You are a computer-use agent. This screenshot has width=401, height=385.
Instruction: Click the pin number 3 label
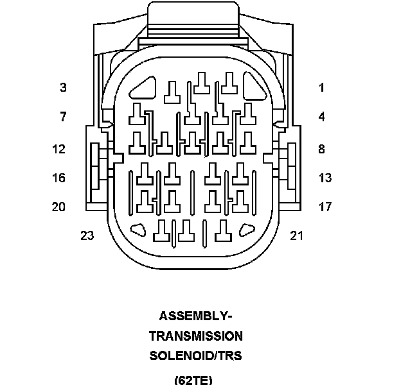tap(63, 87)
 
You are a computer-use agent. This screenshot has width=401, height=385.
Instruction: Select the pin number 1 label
tap(321, 87)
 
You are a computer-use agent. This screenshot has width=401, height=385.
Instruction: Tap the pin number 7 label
tap(63, 117)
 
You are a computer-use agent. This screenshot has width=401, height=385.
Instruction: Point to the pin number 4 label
tap(321, 117)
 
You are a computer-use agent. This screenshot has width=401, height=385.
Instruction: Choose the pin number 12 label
tap(59, 150)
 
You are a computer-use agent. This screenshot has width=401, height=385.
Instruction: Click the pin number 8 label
tap(321, 150)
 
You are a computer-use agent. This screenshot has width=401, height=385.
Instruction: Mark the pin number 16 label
tap(59, 178)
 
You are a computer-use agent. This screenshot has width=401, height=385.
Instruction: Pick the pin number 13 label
tap(325, 178)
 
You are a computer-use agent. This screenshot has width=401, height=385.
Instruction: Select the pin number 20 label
tap(59, 207)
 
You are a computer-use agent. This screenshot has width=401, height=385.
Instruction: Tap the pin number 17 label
tap(325, 207)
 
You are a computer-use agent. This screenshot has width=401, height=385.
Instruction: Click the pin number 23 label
tap(87, 235)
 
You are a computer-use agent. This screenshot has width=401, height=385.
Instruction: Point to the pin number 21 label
tap(296, 235)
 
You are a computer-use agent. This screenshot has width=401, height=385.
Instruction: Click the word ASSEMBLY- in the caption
tap(195, 316)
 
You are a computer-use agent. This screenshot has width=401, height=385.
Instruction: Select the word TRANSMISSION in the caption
tap(195, 336)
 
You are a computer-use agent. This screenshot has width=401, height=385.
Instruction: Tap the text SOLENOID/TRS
tap(195, 356)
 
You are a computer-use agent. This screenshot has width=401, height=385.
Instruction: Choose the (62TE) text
tap(193, 379)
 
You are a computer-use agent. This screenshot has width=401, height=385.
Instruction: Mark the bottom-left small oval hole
tap(138, 229)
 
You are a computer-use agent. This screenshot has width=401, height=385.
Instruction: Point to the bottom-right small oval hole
tap(247, 229)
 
